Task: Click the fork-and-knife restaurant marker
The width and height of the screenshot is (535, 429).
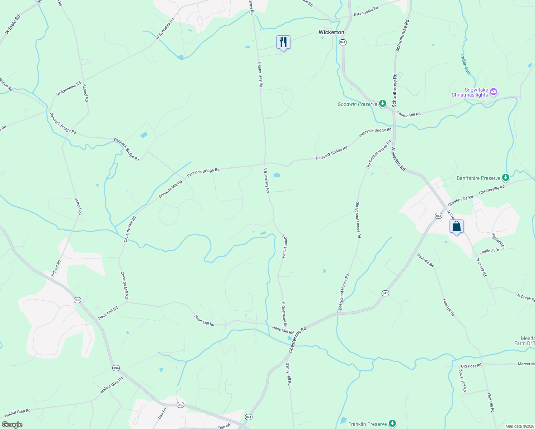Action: coord(283,42)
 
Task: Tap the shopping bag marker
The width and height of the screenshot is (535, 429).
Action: coord(456,226)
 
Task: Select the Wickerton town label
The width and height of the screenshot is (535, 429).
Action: coord(331,32)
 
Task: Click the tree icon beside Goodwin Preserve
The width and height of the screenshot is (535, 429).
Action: coord(383,104)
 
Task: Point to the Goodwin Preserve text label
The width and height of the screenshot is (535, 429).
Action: coord(357,104)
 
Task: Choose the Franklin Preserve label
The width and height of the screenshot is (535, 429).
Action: coord(368,424)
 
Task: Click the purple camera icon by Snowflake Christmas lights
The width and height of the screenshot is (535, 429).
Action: coord(494,92)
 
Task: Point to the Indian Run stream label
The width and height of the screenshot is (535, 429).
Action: coord(465,64)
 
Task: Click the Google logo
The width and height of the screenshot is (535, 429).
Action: coord(12,425)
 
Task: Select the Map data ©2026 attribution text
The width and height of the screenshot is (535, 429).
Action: coord(519,426)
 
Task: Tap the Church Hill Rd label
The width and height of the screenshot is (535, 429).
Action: coord(408,114)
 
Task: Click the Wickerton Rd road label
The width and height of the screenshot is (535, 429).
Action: coord(398,158)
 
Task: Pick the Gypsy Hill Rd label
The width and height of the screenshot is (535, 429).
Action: coord(289,374)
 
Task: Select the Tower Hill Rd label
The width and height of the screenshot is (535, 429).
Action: coord(462,380)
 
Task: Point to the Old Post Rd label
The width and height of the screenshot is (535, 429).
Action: coord(471,366)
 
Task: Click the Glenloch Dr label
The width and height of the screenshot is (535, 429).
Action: coord(489,251)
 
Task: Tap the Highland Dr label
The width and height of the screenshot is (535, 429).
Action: coord(497,241)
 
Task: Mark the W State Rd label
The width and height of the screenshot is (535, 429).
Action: coord(13,25)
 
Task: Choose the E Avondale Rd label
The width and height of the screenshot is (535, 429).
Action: coord(365,11)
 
